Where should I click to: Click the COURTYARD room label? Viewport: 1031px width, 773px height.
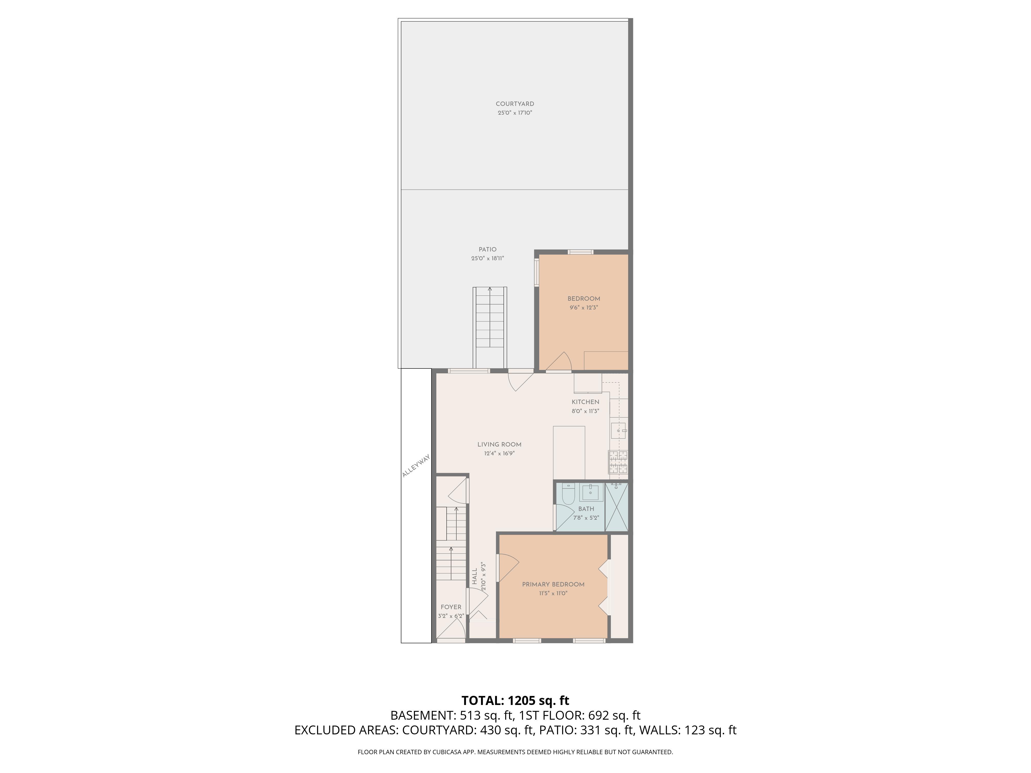pyautogui.click(x=514, y=104)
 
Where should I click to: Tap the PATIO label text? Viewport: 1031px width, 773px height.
pyautogui.click(x=488, y=249)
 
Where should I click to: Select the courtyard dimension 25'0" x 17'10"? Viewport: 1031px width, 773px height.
pyautogui.click(x=514, y=113)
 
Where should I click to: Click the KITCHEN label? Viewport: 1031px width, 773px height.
pyautogui.click(x=585, y=402)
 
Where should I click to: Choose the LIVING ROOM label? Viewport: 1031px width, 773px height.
pyautogui.click(x=499, y=444)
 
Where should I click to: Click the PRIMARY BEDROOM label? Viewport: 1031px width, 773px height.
pyautogui.click(x=553, y=584)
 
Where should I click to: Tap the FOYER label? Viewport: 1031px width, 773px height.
pyautogui.click(x=451, y=607)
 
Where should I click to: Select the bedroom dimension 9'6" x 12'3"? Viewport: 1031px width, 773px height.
pyautogui.click(x=584, y=307)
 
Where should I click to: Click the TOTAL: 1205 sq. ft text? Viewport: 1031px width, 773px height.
pyautogui.click(x=515, y=700)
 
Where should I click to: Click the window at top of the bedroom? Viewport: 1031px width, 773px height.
pyautogui.click(x=581, y=252)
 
